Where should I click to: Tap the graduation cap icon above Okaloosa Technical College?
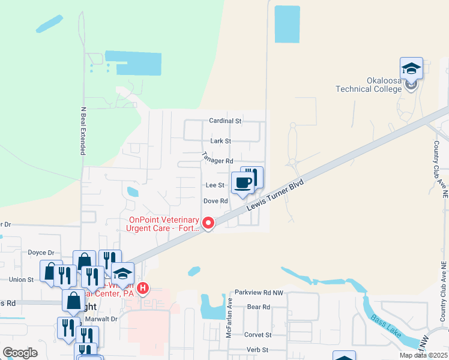point(411,68)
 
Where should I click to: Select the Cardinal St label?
point(224,121)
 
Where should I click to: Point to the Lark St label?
point(221,141)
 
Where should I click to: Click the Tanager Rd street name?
point(217,161)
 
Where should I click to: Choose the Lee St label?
point(215,186)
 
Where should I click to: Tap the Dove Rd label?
point(215,201)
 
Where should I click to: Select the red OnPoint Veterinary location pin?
point(208,223)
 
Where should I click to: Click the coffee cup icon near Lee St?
point(243,182)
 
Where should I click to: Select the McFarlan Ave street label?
point(229,316)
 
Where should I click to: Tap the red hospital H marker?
point(143,289)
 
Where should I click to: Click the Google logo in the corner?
point(20,353)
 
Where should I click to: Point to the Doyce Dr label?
point(41,253)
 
